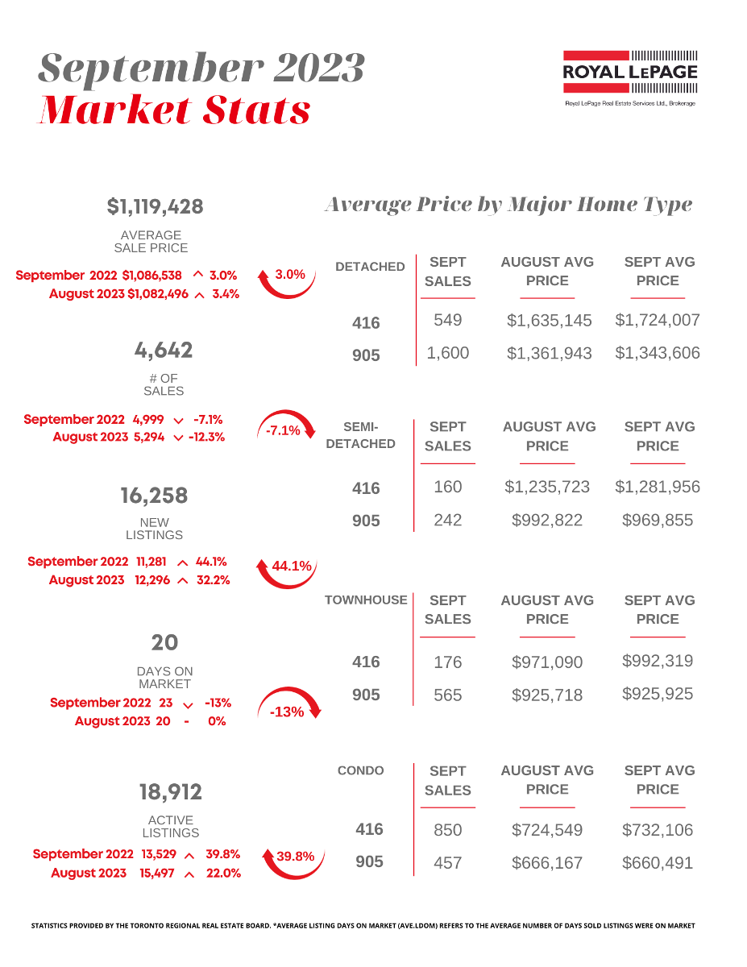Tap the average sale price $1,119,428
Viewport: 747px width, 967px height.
tap(155, 207)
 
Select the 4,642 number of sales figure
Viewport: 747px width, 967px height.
tap(164, 351)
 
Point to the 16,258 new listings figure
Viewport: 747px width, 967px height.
tap(154, 495)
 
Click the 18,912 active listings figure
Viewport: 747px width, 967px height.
tap(170, 792)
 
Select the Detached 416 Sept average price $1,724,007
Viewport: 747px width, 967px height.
tap(658, 320)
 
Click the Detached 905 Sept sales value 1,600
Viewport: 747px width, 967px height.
tap(447, 353)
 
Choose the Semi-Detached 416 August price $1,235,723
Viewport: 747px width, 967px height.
tap(547, 487)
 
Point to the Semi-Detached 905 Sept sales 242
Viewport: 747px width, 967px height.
tap(447, 520)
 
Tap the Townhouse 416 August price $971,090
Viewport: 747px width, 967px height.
tap(547, 662)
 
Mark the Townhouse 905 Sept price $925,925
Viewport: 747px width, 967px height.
tap(658, 694)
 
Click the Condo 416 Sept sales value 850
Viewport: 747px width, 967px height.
tap(447, 830)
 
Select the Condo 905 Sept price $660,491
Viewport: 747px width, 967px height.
tap(658, 863)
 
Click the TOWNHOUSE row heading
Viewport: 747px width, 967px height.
tap(366, 600)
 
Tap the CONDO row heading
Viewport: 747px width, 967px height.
tap(361, 770)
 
